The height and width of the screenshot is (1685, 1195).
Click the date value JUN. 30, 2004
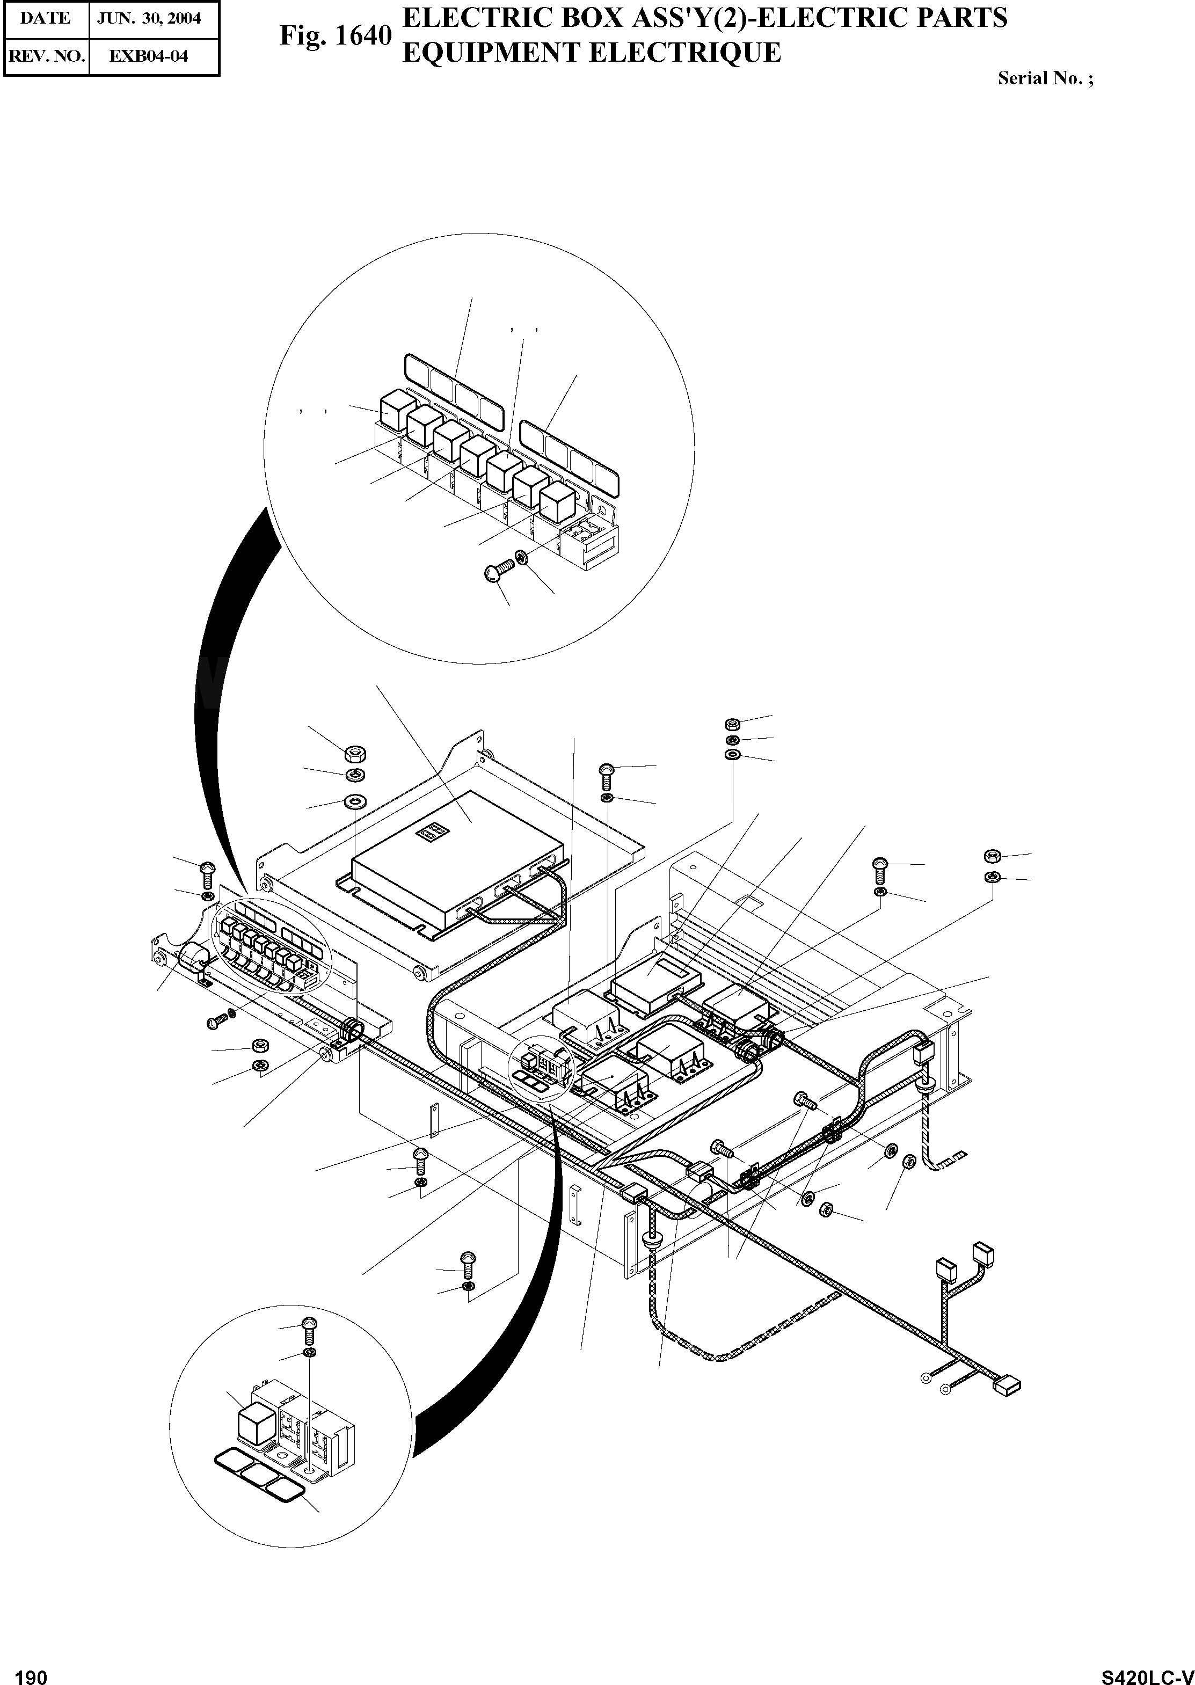click(149, 18)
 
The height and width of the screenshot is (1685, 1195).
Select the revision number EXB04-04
click(149, 56)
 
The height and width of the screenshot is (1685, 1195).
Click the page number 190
click(31, 1672)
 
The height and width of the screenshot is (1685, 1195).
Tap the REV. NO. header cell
click(46, 56)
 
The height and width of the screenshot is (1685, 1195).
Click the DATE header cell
click(46, 18)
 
